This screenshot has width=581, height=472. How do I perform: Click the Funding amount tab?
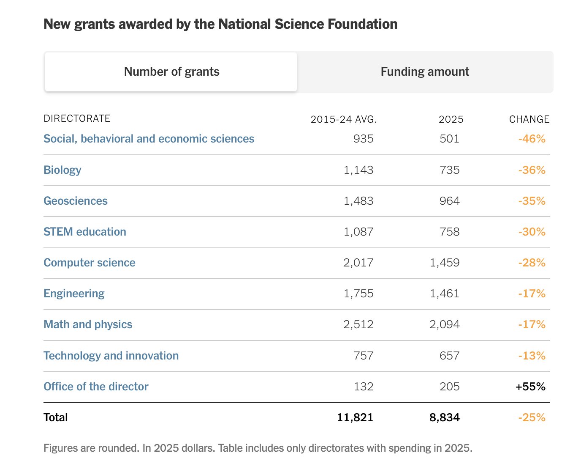point(425,71)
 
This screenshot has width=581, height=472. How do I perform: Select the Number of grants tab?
point(171,71)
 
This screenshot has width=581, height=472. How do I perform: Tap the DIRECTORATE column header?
point(77,118)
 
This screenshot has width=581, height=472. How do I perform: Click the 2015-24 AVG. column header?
point(344,119)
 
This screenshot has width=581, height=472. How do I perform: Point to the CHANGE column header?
point(529,119)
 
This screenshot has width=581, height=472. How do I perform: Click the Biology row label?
point(62,170)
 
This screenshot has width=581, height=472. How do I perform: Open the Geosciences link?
point(76,201)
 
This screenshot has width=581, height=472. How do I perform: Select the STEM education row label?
point(85,232)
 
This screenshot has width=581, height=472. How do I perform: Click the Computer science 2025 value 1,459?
point(445,263)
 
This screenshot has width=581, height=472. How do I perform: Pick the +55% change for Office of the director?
point(530,387)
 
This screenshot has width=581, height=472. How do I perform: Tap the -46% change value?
point(532,139)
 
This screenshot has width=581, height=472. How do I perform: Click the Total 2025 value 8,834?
point(445,417)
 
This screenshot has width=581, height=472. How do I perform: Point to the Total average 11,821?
point(355,417)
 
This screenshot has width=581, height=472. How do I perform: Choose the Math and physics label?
point(88,324)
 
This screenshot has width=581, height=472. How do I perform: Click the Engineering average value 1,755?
point(358,294)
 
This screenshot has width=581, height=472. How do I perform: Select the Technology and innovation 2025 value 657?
point(449,356)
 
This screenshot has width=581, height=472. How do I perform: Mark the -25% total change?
point(532,417)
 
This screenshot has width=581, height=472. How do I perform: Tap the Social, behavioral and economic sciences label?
point(149,139)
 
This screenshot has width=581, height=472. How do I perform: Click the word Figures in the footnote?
point(61,448)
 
